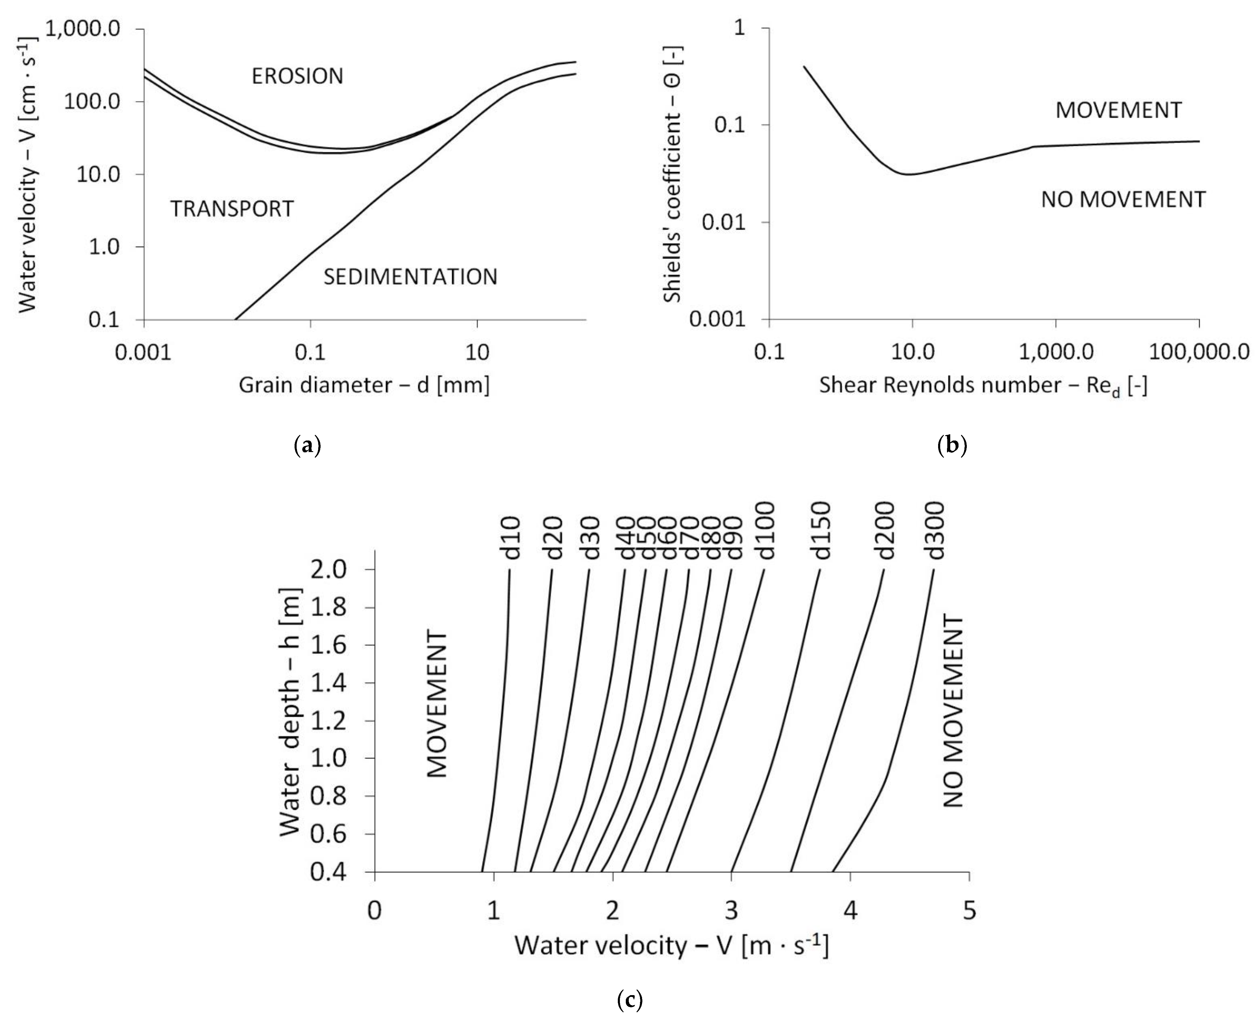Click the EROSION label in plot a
pos(297,76)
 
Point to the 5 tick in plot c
pos(970,910)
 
